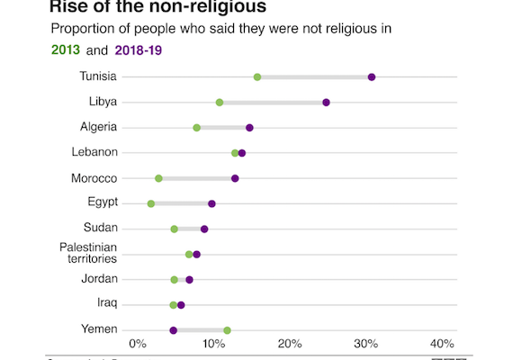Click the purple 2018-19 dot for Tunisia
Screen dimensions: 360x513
coord(372,77)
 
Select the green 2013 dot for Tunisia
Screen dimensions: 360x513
coord(257,77)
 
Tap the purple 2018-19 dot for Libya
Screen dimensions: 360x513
coord(326,103)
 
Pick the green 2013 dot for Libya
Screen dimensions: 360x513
coord(220,103)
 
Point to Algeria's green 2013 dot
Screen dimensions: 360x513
coord(196,128)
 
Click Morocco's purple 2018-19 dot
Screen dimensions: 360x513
coord(235,178)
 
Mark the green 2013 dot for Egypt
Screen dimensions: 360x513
coord(151,204)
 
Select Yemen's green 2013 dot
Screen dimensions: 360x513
coord(227,330)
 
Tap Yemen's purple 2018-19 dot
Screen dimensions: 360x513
coord(174,330)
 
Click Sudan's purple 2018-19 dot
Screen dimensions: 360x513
coord(204,229)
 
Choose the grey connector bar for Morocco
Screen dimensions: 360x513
coord(196,178)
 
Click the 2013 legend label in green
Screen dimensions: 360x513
coord(66,50)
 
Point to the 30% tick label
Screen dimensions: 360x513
coord(365,344)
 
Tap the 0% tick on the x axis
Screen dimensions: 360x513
coord(138,344)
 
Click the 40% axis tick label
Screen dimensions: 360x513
coord(441,344)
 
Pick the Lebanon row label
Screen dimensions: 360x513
coord(94,152)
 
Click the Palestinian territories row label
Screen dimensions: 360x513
coord(88,252)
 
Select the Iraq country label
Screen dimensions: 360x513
coord(106,303)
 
